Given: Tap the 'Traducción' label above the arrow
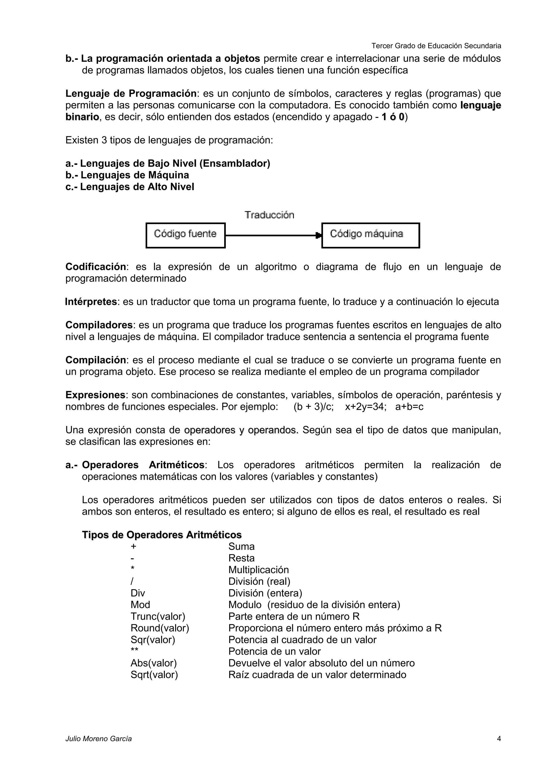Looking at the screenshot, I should [269, 215].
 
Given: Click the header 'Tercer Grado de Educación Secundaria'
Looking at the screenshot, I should [436, 46].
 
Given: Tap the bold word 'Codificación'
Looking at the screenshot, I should [96, 267].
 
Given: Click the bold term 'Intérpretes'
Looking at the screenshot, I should [91, 302].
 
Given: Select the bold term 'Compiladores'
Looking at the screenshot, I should [99, 325].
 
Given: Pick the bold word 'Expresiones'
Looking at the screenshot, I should [95, 395].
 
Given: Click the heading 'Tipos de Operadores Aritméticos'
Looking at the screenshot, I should [162, 535].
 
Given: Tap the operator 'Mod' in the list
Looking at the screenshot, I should [140, 605].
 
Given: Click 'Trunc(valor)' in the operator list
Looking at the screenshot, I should [158, 616].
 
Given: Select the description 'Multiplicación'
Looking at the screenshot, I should [258, 570].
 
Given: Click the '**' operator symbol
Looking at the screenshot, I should [134, 651].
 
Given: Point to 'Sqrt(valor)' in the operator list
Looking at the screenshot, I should [154, 675].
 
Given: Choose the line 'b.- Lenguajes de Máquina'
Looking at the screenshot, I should [127, 175].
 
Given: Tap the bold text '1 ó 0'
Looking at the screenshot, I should [393, 117].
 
